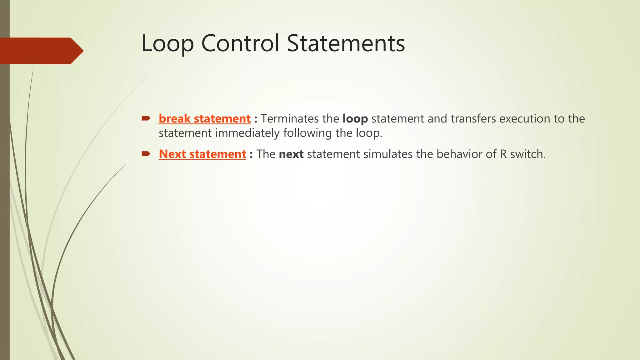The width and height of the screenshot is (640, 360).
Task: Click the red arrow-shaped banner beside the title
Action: tap(41, 51)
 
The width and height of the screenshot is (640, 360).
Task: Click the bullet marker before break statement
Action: tap(146, 118)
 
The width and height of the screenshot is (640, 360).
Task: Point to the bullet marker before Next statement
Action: tap(146, 153)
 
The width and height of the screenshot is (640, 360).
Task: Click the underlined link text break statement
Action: tap(205, 119)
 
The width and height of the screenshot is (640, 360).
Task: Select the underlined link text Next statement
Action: tap(202, 154)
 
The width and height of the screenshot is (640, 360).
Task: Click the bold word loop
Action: tap(355, 119)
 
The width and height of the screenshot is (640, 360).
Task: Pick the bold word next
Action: tap(291, 154)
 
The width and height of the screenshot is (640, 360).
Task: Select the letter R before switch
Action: tap(503, 154)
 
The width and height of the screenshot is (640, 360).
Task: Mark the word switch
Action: tap(528, 154)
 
